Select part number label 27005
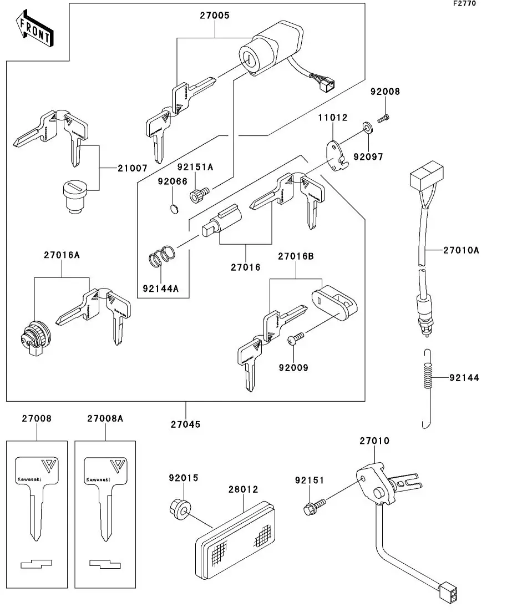coord(215,17)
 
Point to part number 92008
coord(386,92)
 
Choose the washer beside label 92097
coord(367,129)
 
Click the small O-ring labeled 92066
coord(174,209)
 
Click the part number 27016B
coord(296,256)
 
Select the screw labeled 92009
coord(296,338)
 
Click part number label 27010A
coord(461,250)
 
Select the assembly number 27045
coord(186,424)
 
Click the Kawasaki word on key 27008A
coord(98,478)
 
